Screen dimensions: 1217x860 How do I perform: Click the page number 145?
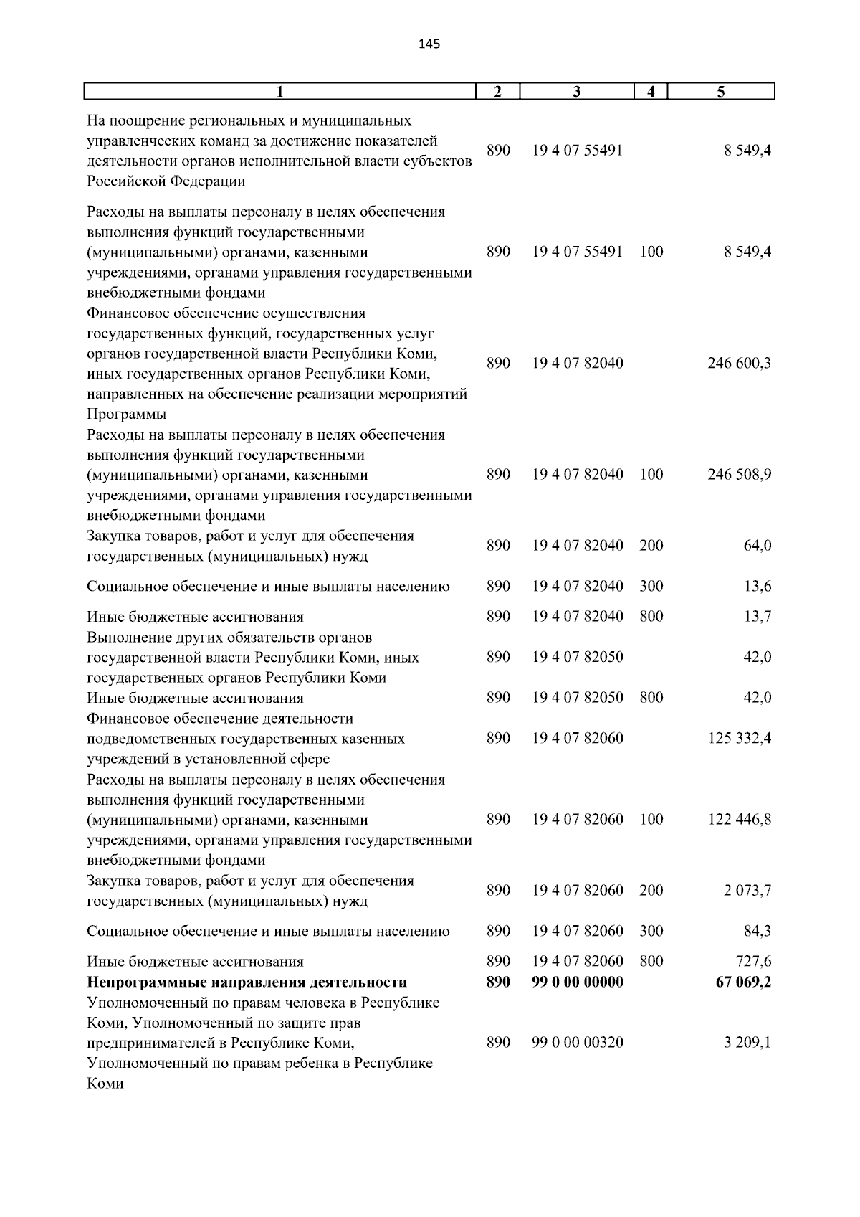click(429, 44)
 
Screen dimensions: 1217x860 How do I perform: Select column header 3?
click(577, 92)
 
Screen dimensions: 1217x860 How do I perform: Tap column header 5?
click(721, 92)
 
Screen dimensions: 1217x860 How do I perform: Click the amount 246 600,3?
click(739, 363)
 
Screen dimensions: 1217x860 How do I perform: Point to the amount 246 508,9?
click(739, 475)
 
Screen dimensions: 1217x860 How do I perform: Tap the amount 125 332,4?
click(739, 738)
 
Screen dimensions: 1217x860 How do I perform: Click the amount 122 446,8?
click(739, 819)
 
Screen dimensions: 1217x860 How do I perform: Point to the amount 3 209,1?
click(746, 1043)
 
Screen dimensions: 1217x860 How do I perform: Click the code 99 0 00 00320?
click(578, 1043)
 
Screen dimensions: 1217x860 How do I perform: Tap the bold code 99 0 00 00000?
click(578, 982)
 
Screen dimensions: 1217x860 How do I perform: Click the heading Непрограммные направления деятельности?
click(247, 982)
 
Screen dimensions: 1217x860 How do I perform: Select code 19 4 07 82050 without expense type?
click(578, 657)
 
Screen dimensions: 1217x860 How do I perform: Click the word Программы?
click(126, 415)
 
